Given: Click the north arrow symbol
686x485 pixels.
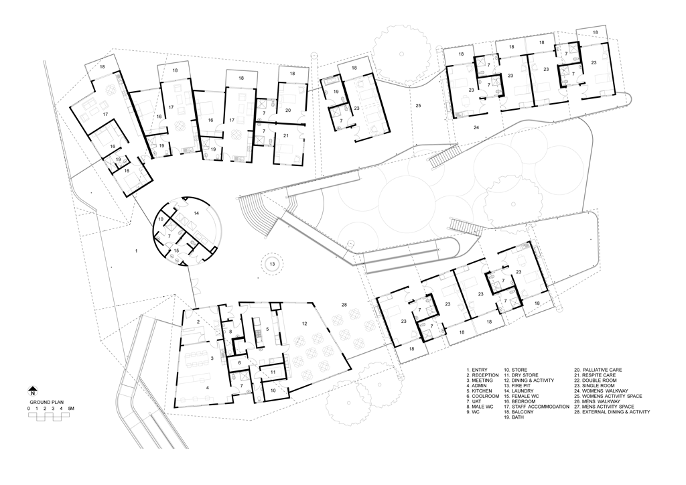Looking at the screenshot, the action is tap(32, 392).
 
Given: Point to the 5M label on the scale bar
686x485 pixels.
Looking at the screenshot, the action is tap(71, 409).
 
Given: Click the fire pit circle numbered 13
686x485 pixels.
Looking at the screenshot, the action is tap(273, 264).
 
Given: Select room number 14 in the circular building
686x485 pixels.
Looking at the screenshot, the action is tap(196, 214).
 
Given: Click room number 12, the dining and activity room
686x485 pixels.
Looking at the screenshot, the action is tap(304, 324).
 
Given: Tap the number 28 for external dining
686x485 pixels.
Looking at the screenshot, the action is tap(344, 305).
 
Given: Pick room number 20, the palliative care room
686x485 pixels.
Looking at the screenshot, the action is tap(288, 111).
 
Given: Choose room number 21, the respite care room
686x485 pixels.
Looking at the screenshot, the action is tap(285, 136).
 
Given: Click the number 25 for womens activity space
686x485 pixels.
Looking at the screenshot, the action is tap(418, 105).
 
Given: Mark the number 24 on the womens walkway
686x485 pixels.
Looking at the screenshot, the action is tap(476, 128).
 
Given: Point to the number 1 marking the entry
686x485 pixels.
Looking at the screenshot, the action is tap(137, 251).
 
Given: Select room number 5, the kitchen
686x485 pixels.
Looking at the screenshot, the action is tap(267, 329).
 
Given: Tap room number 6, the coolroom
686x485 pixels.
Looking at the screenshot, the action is tap(239, 363).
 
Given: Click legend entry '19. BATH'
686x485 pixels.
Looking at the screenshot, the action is tap(514, 417).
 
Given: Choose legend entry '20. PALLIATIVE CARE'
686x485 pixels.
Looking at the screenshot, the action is tap(598, 370).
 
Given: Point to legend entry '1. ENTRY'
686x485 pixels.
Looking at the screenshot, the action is tap(476, 370).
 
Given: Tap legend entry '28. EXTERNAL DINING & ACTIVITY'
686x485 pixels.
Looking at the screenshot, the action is tap(612, 412).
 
